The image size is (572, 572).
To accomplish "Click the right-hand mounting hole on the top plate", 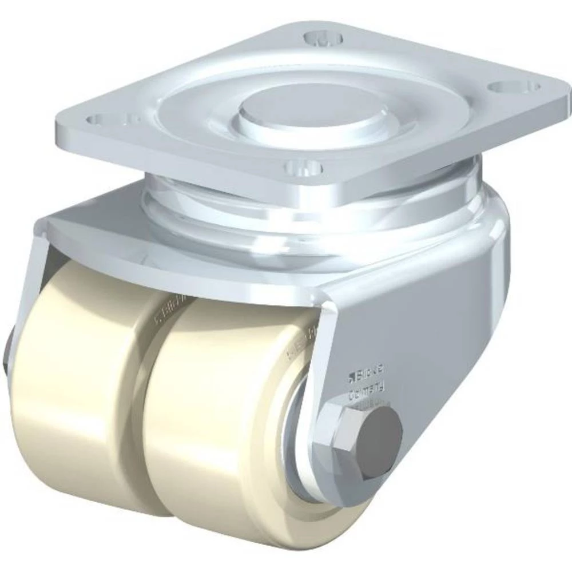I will (507, 87).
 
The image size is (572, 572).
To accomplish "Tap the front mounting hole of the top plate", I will (303, 168).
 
